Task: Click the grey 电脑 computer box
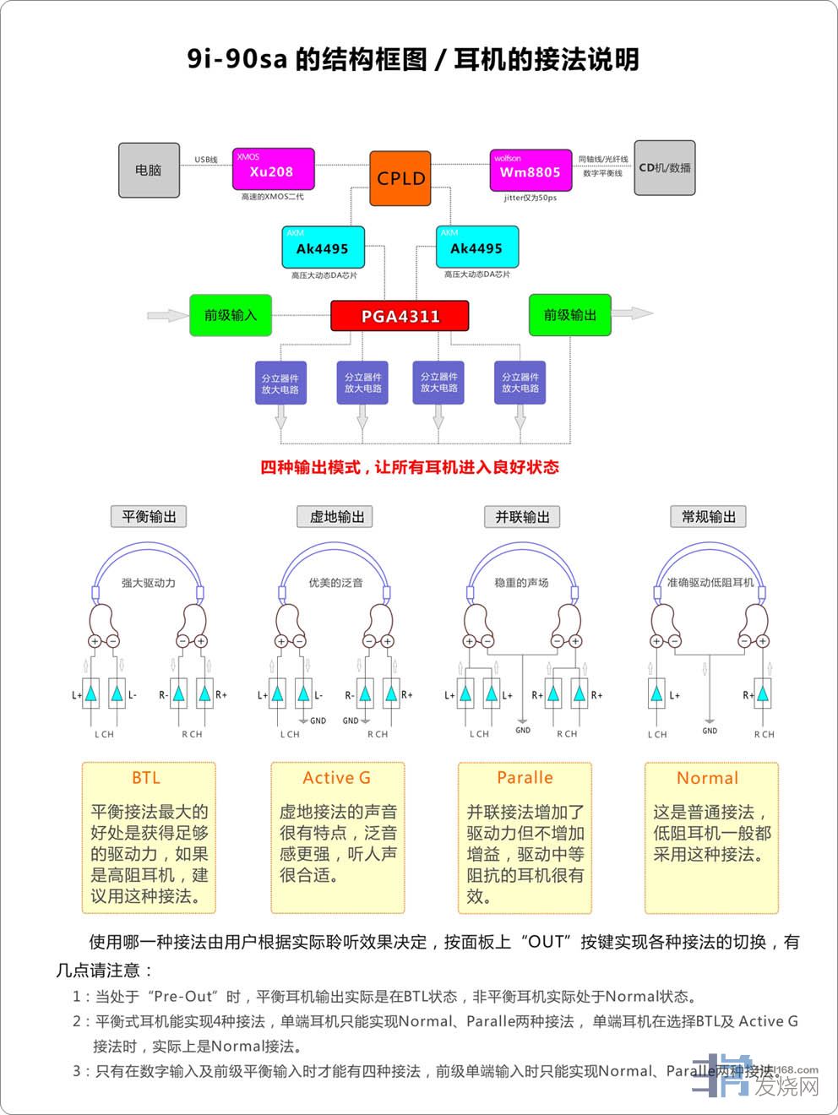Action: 149,170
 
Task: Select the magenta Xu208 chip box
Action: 273,170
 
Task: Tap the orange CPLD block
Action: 400,178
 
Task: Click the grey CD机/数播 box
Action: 665,168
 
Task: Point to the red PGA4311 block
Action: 400,316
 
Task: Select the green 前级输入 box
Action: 230,315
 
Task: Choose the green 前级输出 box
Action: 569,315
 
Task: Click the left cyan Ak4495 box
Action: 322,247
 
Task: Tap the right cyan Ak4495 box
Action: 476,247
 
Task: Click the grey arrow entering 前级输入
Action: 167,315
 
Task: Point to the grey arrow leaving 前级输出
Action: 632,313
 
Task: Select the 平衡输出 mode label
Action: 149,517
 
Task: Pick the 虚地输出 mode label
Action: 336,517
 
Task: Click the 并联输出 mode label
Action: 522,517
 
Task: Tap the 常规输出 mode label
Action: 708,517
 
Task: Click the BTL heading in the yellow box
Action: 146,778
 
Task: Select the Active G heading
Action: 336,778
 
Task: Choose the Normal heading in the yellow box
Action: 708,778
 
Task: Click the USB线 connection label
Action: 206,160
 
